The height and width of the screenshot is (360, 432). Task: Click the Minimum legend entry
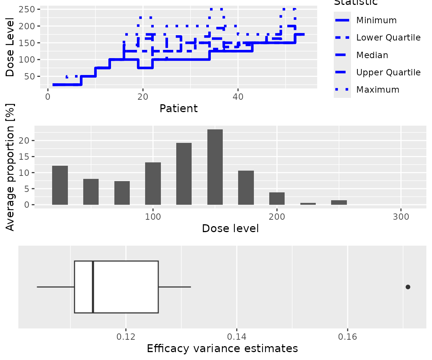tap(371, 20)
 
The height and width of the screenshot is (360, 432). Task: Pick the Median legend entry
tap(372, 55)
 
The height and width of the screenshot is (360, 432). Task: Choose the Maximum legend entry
tap(378, 90)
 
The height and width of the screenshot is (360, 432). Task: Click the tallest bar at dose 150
tap(215, 167)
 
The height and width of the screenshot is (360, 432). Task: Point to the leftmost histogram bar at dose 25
tap(60, 185)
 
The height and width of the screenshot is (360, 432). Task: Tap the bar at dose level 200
tap(277, 198)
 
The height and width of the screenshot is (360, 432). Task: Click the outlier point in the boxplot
tap(408, 287)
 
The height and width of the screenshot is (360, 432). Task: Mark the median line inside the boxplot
tap(93, 287)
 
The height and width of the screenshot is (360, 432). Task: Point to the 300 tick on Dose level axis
tap(401, 217)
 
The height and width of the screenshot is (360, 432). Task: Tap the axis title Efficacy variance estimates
tap(222, 348)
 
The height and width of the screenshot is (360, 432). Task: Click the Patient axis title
tap(178, 109)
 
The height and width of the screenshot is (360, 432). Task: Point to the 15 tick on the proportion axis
tap(27, 157)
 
